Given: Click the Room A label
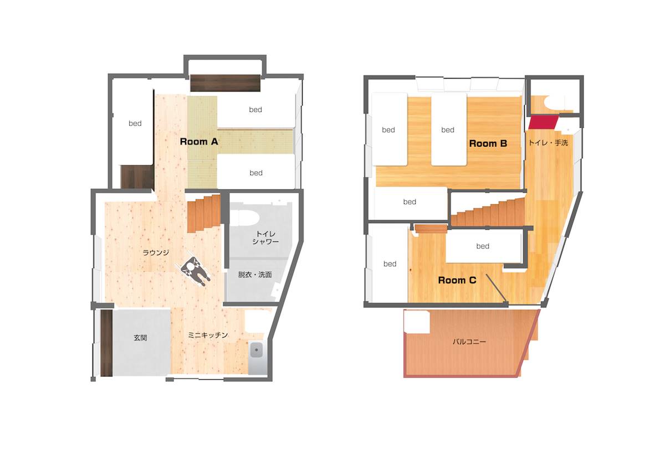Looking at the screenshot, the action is coord(199,142).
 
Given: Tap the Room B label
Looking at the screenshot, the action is coord(488,143).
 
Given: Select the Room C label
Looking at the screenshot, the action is coord(457,280).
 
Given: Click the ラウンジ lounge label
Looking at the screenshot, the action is coord(156,252).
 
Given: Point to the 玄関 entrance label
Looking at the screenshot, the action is coord(140,338).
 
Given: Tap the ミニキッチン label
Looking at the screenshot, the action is coord(208,335).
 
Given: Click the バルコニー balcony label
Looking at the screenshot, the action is coord(469,342).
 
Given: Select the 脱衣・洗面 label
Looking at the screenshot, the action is coord(255,275).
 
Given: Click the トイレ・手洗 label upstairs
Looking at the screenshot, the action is coord(548,143).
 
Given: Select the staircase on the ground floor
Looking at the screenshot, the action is coord(204,213).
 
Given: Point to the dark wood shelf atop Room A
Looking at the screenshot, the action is coord(226,83).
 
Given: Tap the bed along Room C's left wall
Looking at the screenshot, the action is coord(389,264).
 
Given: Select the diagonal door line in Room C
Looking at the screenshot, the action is coord(497,288).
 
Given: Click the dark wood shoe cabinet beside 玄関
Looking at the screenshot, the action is coord(106,343).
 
